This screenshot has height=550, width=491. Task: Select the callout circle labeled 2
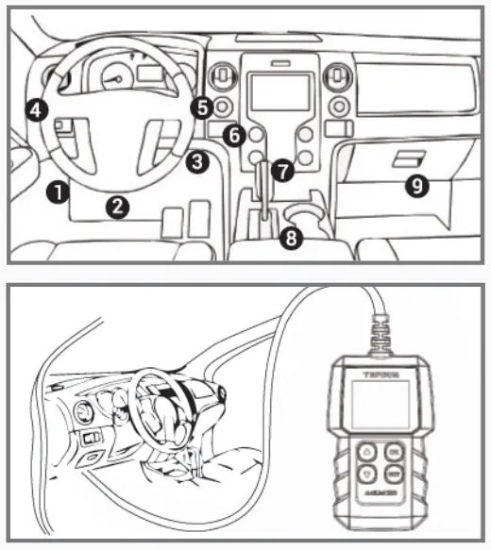click(x=116, y=206)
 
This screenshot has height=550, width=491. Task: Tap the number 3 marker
click(x=195, y=161)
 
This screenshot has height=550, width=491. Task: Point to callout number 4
click(x=35, y=110)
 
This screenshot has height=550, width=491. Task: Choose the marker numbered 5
click(x=200, y=108)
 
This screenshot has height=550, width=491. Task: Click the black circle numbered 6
click(x=234, y=136)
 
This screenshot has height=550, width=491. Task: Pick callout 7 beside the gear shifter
click(x=280, y=171)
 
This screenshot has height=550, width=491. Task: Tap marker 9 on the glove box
click(x=415, y=186)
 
